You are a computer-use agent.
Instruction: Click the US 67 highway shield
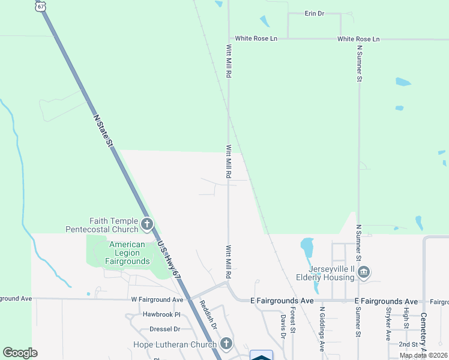[x=40, y=5]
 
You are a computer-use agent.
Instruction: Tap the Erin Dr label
[x=315, y=13]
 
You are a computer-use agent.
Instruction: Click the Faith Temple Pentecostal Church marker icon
[x=147, y=225]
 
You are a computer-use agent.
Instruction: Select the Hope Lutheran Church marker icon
[x=226, y=344]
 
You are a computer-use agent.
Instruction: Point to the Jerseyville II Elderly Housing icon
[x=363, y=274]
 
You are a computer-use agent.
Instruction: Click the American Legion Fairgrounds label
[x=127, y=253]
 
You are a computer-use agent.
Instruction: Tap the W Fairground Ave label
[x=157, y=299]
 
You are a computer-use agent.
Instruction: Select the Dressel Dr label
[x=164, y=329]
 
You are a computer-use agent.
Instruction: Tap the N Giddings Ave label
[x=322, y=329]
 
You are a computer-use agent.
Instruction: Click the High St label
[x=406, y=317]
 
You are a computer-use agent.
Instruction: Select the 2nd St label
[x=408, y=344]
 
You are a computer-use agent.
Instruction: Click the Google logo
[x=20, y=353]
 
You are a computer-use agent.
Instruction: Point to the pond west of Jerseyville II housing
[x=307, y=246]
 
